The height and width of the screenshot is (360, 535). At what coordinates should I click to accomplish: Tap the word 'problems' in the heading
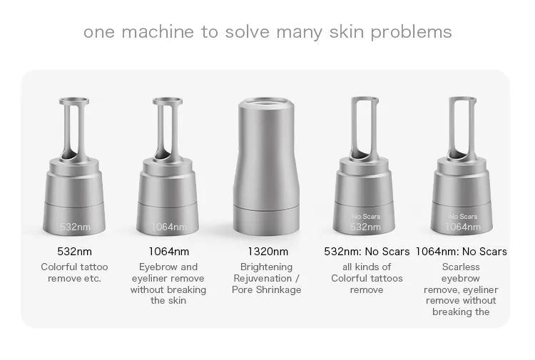(x=411, y=33)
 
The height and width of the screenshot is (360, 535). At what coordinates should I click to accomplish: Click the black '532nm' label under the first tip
(x=74, y=252)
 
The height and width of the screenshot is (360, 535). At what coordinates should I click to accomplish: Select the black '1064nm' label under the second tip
(x=168, y=252)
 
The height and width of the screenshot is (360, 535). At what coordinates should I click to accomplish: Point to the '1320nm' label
(x=267, y=252)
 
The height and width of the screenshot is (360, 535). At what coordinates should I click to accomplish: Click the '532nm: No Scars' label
(x=367, y=252)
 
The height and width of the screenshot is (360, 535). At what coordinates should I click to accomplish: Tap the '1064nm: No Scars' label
(x=461, y=252)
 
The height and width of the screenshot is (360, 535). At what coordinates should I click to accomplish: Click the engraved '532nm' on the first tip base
(x=75, y=227)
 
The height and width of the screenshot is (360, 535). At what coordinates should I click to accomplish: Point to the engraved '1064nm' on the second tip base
(x=169, y=227)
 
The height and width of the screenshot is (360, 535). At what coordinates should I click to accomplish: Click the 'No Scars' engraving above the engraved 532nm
(x=366, y=217)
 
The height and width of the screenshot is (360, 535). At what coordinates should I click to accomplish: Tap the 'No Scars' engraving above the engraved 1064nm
(x=463, y=217)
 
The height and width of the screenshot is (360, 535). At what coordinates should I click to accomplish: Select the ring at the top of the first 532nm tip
(x=74, y=101)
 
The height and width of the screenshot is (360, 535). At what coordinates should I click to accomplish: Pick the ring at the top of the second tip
(x=168, y=101)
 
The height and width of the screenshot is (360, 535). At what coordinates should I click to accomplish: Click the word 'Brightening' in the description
(x=267, y=267)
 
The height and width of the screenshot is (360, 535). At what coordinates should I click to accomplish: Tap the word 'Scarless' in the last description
(x=461, y=267)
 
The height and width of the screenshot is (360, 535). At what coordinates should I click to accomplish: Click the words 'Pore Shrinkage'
(x=267, y=289)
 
